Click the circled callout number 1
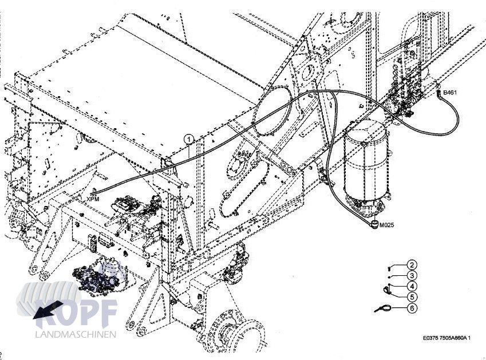click(x=188, y=138)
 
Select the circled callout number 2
click(x=412, y=265)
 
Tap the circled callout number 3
click(x=412, y=276)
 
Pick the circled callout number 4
click(x=412, y=286)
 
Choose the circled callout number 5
click(x=412, y=297)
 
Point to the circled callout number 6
click(x=412, y=308)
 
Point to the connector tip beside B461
click(x=439, y=89)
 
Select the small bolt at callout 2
click(x=389, y=266)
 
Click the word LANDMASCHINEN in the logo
click(x=76, y=334)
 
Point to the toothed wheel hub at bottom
click(x=233, y=334)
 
